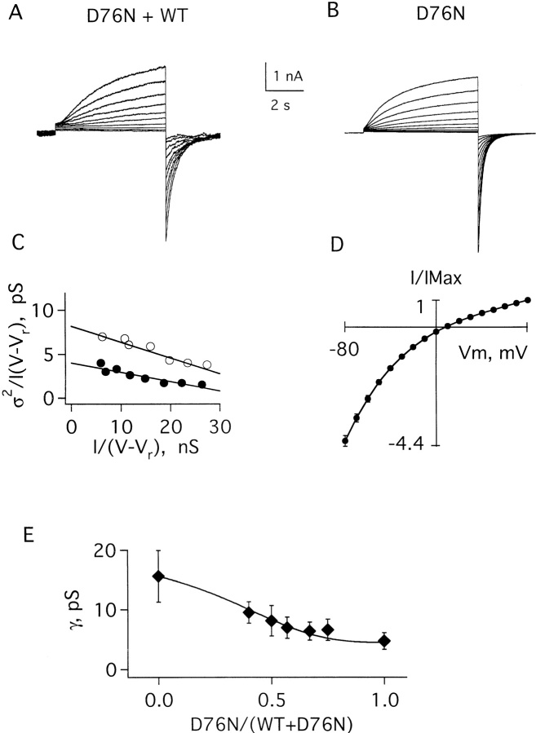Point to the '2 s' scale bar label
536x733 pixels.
(282, 104)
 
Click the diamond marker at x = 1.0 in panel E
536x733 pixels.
(384, 641)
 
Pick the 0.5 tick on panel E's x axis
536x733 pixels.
(271, 699)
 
